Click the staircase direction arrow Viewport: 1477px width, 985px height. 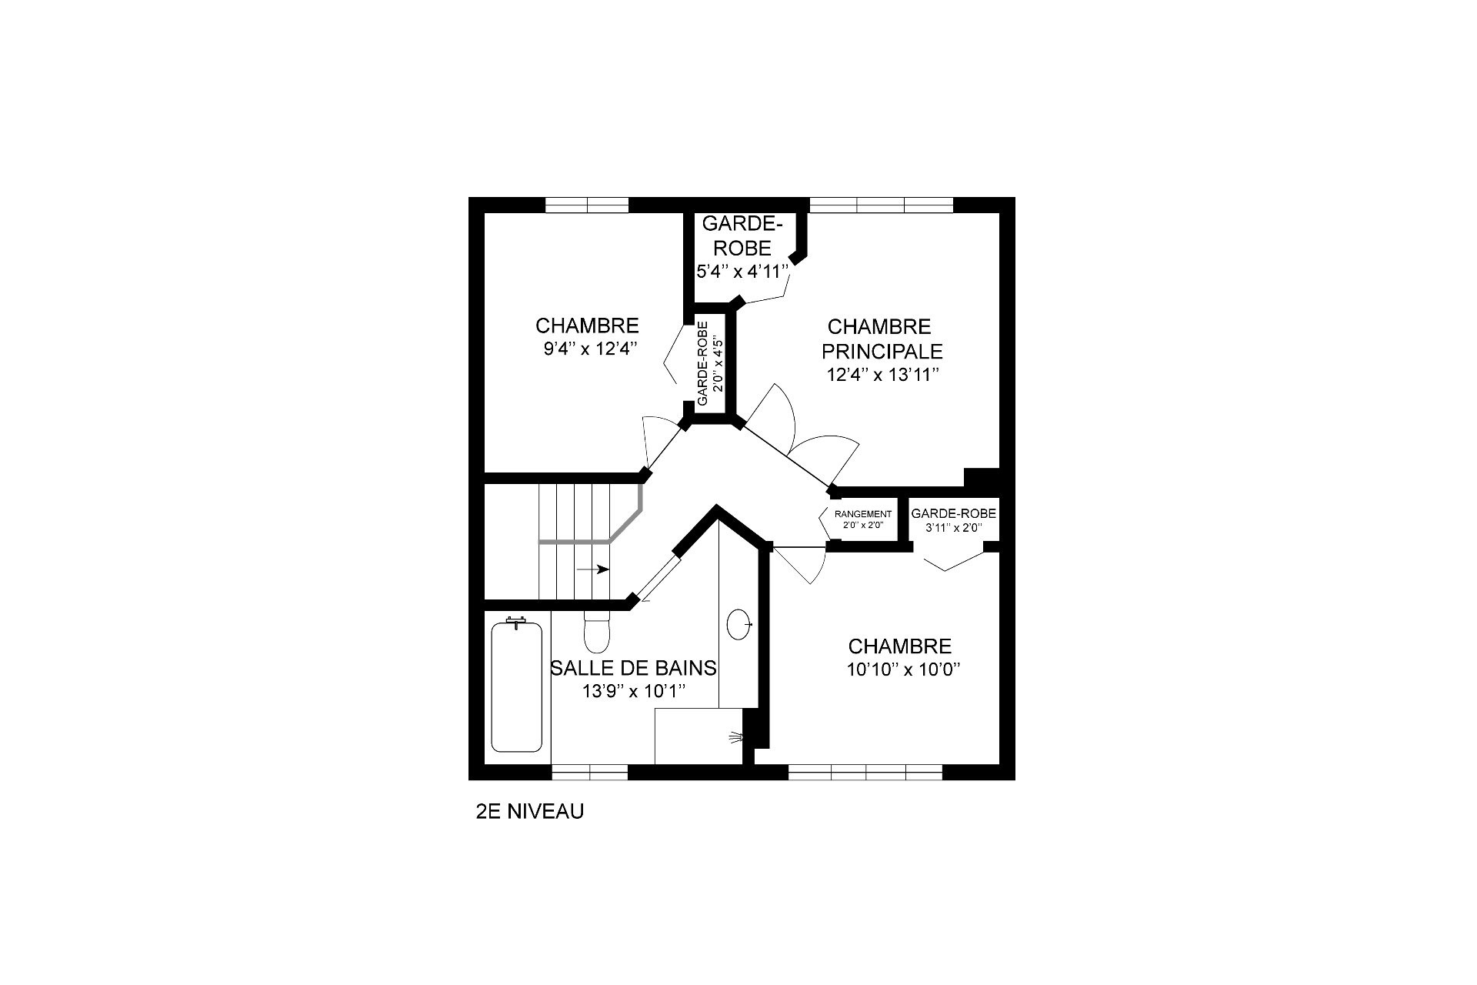tap(593, 569)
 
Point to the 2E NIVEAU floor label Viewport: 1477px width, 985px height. tap(530, 811)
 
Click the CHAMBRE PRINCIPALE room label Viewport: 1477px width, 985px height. tap(882, 339)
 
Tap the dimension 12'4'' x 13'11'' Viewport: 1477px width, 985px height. tap(882, 375)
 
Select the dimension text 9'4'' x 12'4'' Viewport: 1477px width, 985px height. tap(588, 349)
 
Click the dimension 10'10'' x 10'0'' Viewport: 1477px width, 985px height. tap(905, 669)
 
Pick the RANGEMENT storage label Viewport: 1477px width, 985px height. tap(863, 514)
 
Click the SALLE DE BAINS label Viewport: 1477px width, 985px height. tap(633, 668)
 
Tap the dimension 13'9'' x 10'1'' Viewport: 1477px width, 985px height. tap(633, 691)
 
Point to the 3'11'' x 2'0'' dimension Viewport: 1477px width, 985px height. tap(953, 528)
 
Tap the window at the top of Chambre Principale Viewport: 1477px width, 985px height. tap(882, 205)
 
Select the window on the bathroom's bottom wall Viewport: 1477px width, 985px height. tap(590, 773)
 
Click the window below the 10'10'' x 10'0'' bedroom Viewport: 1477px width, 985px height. tap(865, 773)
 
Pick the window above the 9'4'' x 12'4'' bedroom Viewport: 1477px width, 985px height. tap(587, 205)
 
